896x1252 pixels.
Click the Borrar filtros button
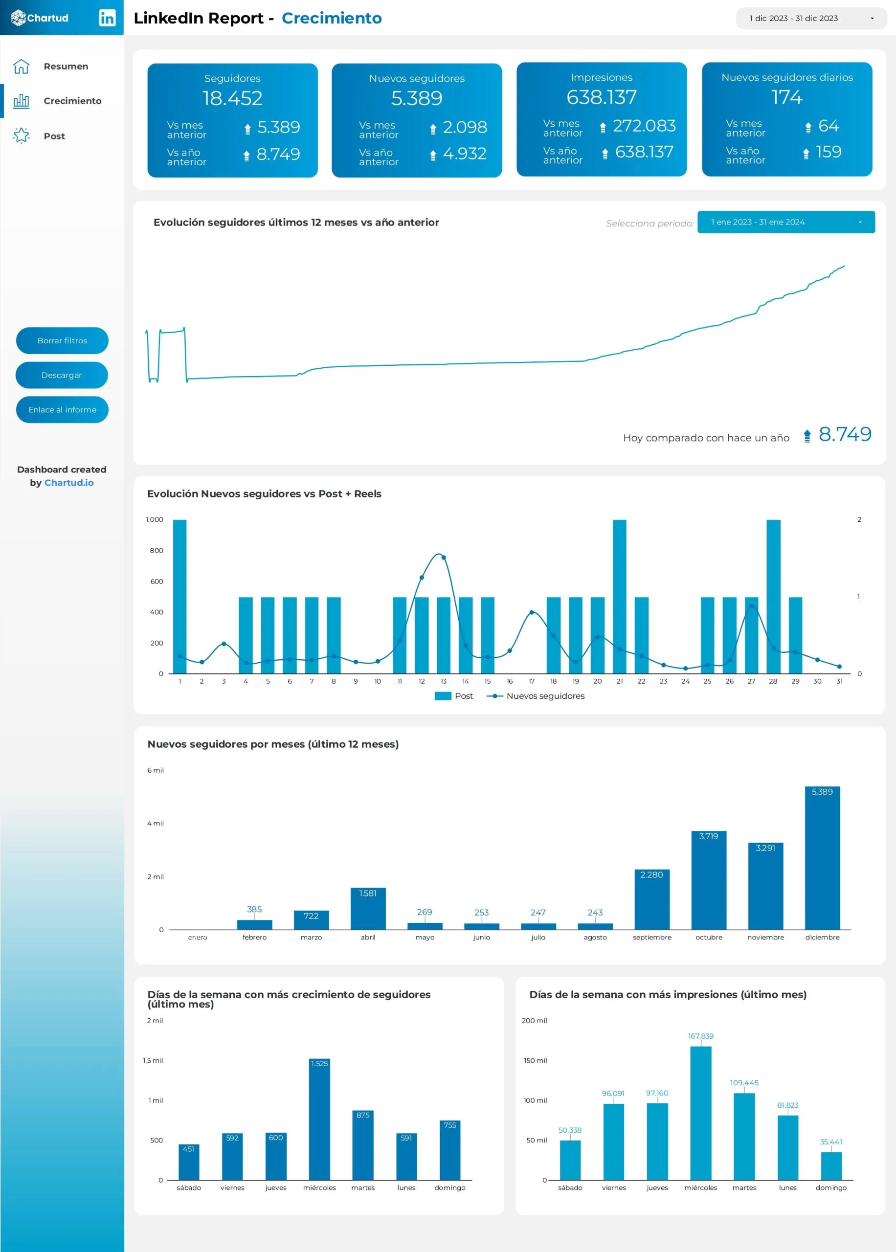[62, 340]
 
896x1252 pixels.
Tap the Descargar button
[61, 375]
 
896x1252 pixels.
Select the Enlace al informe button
[62, 410]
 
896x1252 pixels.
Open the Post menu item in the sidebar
[54, 135]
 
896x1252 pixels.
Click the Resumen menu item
[65, 66]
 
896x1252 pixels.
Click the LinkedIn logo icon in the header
[107, 18]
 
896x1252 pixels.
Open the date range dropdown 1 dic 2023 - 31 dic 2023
[810, 18]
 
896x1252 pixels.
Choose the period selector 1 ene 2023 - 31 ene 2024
[785, 222]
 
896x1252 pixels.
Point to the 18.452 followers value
[232, 98]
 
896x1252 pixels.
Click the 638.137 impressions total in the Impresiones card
[602, 97]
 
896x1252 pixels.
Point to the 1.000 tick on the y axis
[155, 519]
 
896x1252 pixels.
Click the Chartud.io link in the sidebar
[69, 483]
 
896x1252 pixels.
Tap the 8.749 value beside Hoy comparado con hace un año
[844, 435]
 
